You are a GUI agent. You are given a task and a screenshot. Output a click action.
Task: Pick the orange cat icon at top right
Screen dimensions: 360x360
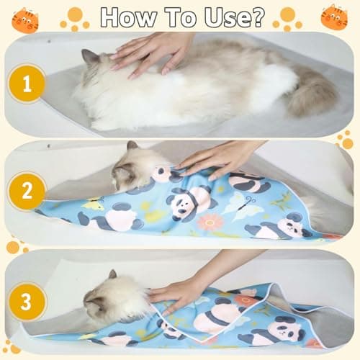click(334, 17)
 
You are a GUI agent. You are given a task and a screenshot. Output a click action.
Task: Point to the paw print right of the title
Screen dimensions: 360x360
click(287, 18)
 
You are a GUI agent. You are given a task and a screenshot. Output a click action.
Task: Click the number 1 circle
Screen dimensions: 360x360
click(27, 85)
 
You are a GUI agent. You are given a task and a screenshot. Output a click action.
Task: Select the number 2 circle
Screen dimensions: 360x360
click(27, 191)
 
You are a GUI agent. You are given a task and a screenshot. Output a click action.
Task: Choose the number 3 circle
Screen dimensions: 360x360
click(27, 301)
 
